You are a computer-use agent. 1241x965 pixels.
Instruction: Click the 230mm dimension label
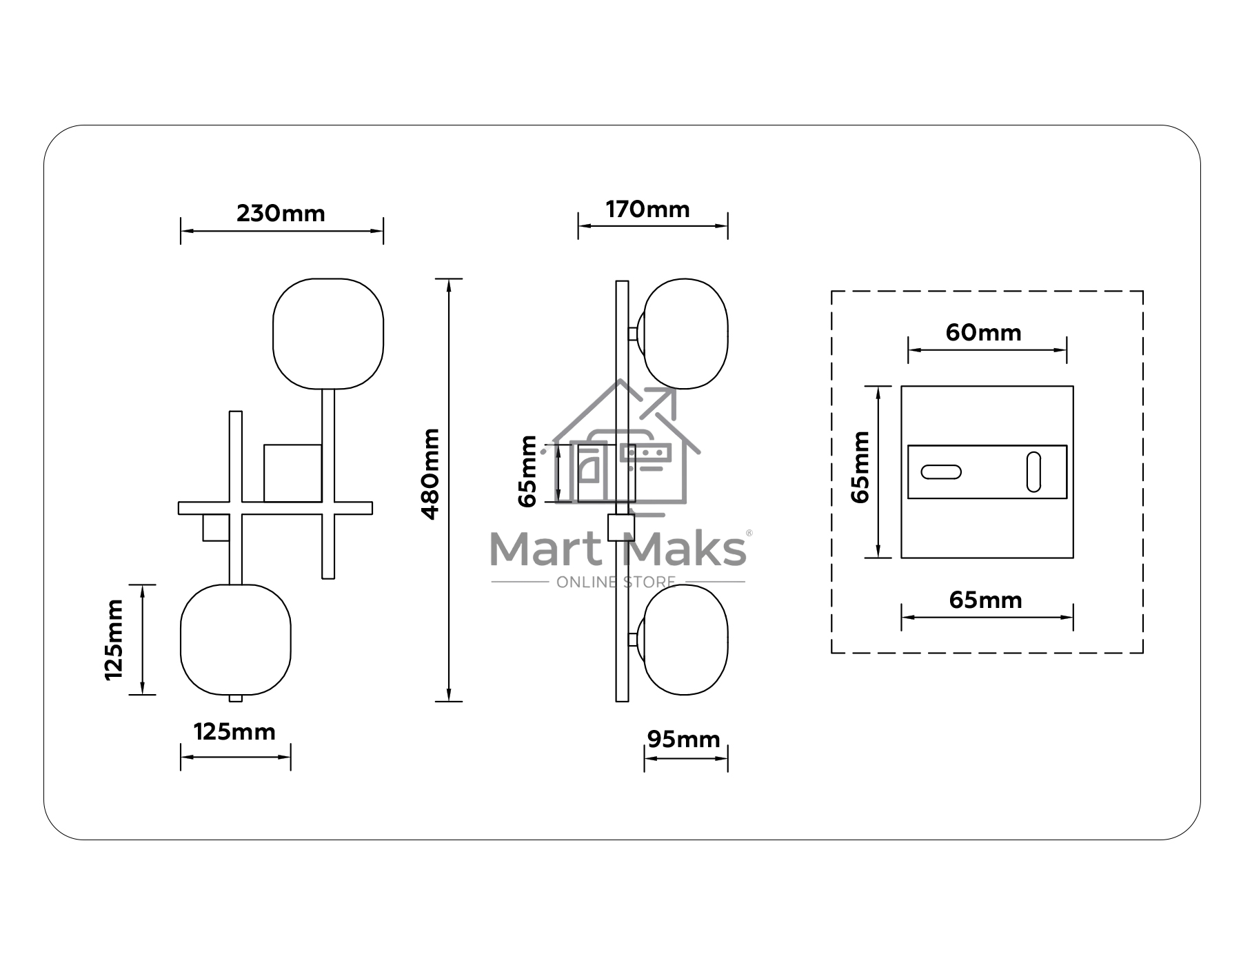281,214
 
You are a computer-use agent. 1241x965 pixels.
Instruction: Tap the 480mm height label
430,474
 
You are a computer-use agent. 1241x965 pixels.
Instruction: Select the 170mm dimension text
647,210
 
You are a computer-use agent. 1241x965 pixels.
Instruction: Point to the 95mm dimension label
683,740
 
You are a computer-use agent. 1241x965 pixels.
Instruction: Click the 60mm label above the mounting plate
983,333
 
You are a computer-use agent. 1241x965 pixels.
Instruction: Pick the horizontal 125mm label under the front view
234,731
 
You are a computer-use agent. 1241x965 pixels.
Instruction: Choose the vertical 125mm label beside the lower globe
114,640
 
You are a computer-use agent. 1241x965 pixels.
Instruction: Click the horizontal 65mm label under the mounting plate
985,600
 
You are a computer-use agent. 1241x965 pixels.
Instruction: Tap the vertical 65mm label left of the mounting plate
860,467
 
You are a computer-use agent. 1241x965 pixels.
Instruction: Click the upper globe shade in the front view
328,334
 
